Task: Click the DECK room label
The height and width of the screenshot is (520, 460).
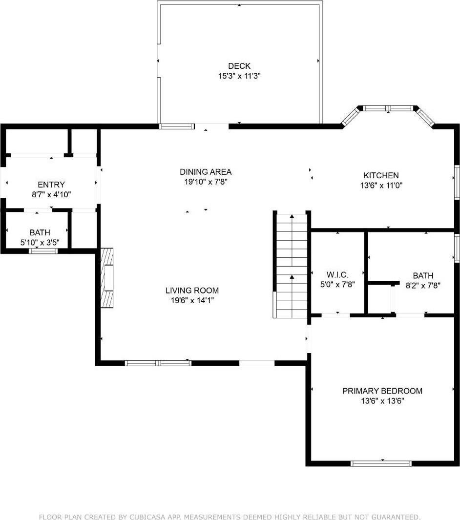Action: (x=239, y=66)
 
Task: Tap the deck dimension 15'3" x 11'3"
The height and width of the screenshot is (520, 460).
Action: (x=239, y=76)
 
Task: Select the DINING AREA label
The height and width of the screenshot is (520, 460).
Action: (x=206, y=172)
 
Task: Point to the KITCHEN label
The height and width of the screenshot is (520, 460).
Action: (x=381, y=175)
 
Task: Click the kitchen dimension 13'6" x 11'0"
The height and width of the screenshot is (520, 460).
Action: (x=381, y=186)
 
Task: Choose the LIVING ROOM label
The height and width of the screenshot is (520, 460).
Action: (x=192, y=290)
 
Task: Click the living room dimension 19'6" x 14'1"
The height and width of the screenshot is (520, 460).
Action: (x=192, y=300)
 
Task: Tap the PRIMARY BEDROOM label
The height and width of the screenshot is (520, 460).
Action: (x=382, y=391)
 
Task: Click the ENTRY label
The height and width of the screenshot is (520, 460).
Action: (x=51, y=185)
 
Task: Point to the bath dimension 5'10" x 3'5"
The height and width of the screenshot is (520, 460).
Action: (x=40, y=243)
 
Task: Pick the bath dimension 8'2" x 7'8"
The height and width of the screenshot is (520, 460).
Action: (x=422, y=286)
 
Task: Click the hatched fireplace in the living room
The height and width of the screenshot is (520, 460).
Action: (x=107, y=278)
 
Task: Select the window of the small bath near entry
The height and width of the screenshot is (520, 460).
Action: (x=43, y=251)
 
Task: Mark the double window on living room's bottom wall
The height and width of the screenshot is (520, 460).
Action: (x=158, y=363)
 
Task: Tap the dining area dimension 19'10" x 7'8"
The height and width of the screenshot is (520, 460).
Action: (x=206, y=182)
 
